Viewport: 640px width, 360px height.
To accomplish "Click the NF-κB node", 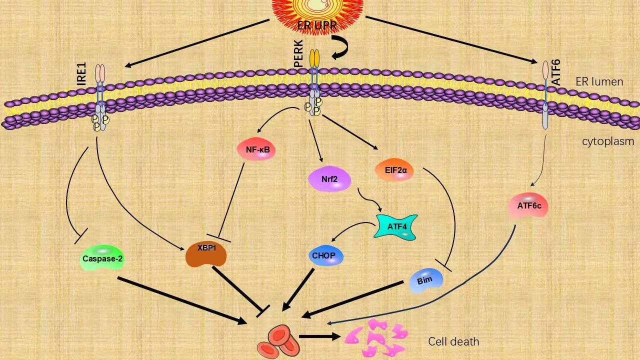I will (x=256, y=149).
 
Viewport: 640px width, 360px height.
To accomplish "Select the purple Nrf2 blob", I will (x=329, y=179).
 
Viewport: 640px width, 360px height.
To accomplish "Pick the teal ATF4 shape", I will (x=396, y=226).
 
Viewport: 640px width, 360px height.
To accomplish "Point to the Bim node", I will (x=425, y=280).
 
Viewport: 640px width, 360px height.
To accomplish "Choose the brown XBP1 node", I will (x=206, y=254).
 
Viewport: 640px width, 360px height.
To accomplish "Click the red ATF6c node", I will (x=528, y=206).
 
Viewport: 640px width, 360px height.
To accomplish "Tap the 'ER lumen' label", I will (x=599, y=82).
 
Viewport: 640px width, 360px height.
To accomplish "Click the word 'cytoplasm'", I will (x=608, y=141).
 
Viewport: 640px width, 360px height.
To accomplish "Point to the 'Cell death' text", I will (x=453, y=342).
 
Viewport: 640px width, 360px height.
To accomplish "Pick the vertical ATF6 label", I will (x=555, y=71).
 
